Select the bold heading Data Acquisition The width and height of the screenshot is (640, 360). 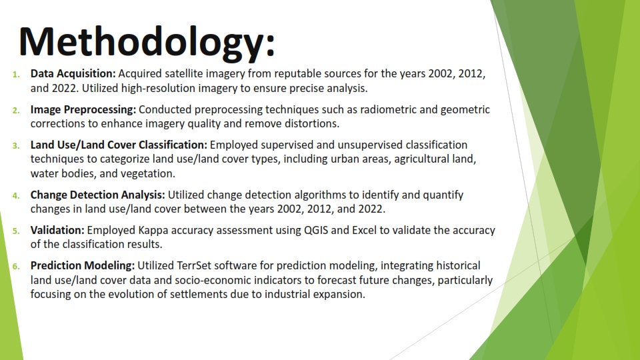[x=73, y=74]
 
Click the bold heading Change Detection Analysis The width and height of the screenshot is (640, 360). [x=98, y=195]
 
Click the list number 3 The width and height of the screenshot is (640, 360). [x=16, y=145]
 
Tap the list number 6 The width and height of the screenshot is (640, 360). [x=16, y=266]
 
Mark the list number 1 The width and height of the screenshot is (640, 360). [x=16, y=75]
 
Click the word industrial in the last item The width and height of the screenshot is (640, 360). [x=297, y=295]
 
